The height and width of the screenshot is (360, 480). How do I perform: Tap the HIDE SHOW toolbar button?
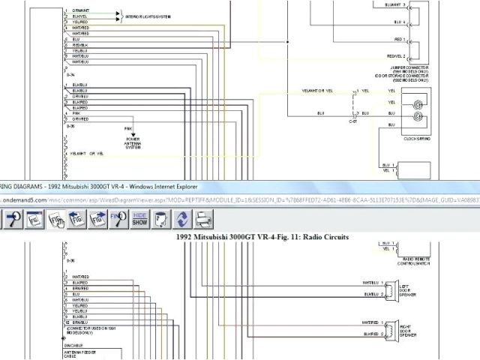tap(139, 219)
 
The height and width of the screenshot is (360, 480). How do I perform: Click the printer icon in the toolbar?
tap(205, 219)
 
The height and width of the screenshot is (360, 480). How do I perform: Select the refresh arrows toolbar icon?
tap(182, 219)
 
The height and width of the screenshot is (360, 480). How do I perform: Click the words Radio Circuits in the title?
tap(323, 236)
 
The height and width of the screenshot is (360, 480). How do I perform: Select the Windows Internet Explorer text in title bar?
tap(142, 186)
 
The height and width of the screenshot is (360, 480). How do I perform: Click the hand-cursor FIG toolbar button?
tap(56, 219)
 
